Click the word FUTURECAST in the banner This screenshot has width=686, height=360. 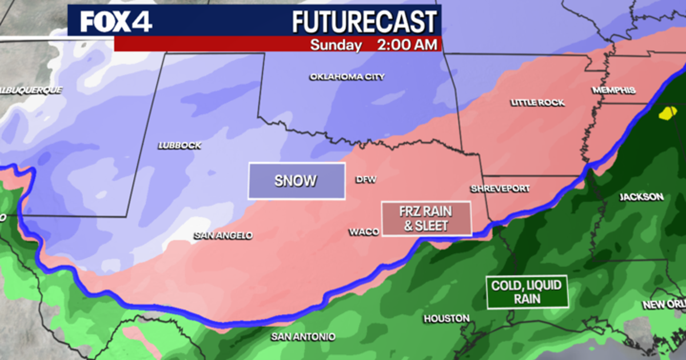364,22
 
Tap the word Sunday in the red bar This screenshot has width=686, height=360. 336,45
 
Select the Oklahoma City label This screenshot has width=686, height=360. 347,77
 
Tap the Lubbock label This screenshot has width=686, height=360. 180,146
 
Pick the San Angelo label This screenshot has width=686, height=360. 223,235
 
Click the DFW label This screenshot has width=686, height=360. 366,179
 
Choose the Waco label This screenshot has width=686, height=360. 364,232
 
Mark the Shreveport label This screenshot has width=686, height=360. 500,189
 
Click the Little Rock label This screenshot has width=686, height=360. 537,102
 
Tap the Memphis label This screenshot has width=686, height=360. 614,90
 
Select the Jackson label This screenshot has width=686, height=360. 642,197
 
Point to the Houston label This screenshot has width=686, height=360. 446,318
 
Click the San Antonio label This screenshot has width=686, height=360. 303,337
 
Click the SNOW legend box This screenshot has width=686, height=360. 296,181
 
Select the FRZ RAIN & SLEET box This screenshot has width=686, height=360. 426,219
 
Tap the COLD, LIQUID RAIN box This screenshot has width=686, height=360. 527,292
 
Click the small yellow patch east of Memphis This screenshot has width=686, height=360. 667,113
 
